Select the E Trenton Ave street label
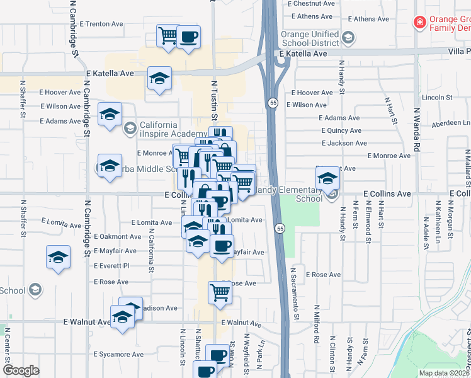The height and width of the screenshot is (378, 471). [101, 24]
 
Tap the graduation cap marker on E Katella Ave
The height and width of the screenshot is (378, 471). [159, 79]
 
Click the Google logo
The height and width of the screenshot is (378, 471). [21, 370]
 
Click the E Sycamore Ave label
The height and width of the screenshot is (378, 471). [119, 355]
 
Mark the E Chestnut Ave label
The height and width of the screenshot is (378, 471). [310, 4]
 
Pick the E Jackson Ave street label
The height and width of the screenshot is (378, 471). [343, 143]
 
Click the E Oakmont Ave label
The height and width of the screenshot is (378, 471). [118, 237]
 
